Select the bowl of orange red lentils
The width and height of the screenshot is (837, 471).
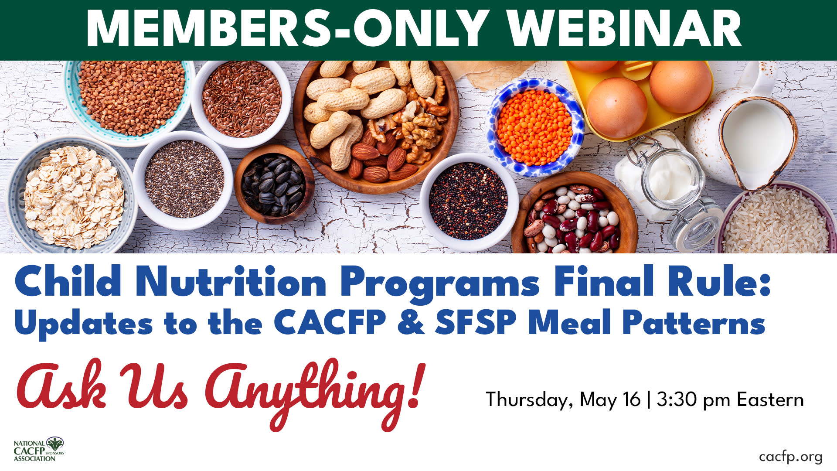point(535,127)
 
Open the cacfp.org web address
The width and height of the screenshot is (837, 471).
point(791,457)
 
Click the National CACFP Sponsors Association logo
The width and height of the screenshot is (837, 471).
point(39,449)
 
